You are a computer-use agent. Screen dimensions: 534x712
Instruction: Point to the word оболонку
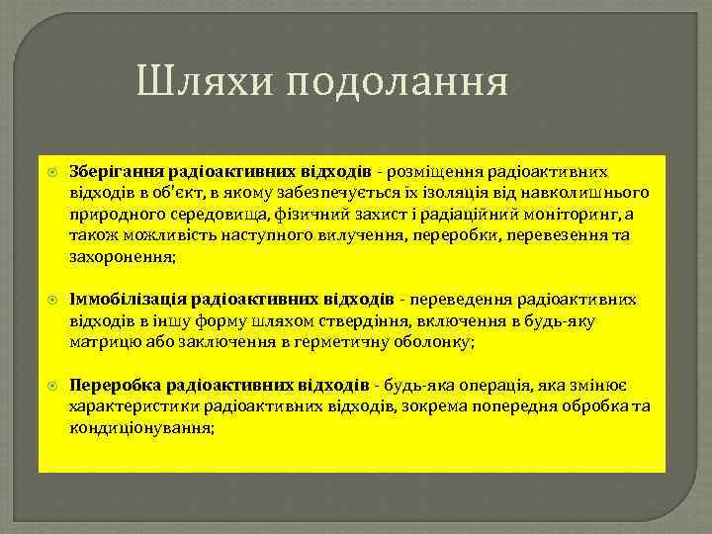click(438, 342)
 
